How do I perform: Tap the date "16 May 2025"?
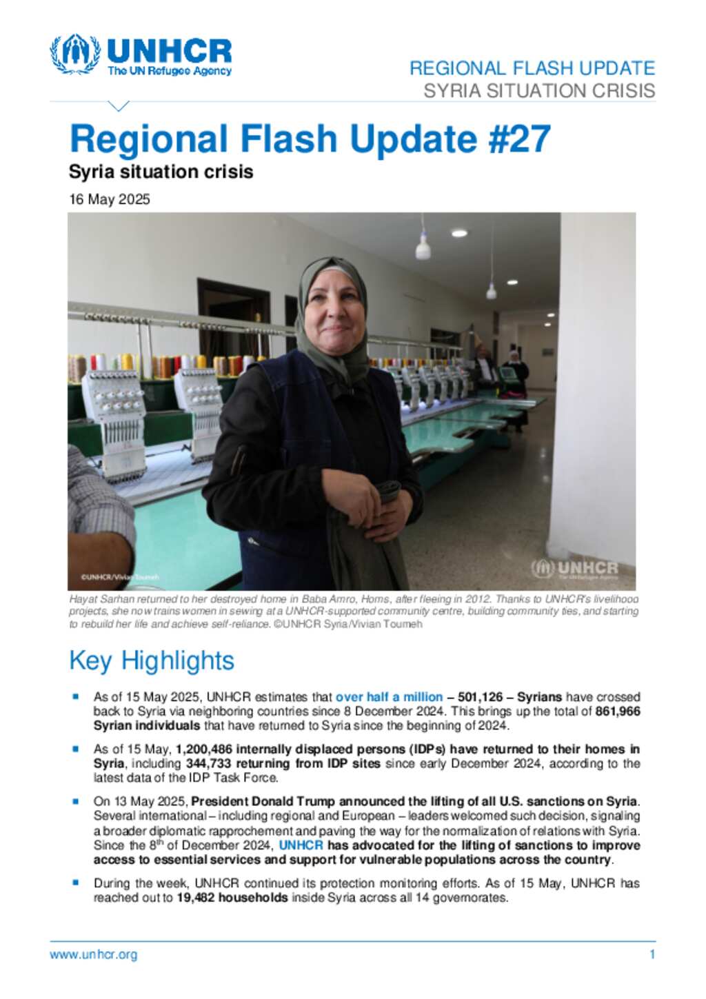click(110, 200)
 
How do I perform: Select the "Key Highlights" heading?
click(152, 660)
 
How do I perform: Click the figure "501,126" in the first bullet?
click(480, 697)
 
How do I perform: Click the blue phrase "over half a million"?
click(389, 697)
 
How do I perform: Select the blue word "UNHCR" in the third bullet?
click(301, 845)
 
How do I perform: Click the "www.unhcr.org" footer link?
click(93, 955)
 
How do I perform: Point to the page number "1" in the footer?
click(652, 955)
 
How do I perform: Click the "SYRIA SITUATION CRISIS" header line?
click(538, 91)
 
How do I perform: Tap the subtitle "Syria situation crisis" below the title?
click(161, 172)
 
